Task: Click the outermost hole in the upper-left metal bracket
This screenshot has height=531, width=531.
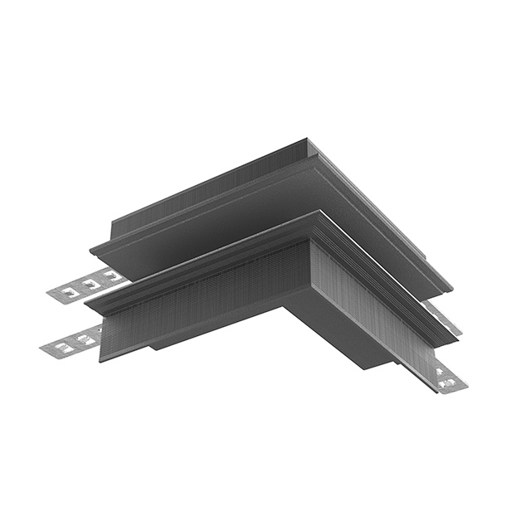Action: pos(68,291)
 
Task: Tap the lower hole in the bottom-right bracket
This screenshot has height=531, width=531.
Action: pos(450,383)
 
